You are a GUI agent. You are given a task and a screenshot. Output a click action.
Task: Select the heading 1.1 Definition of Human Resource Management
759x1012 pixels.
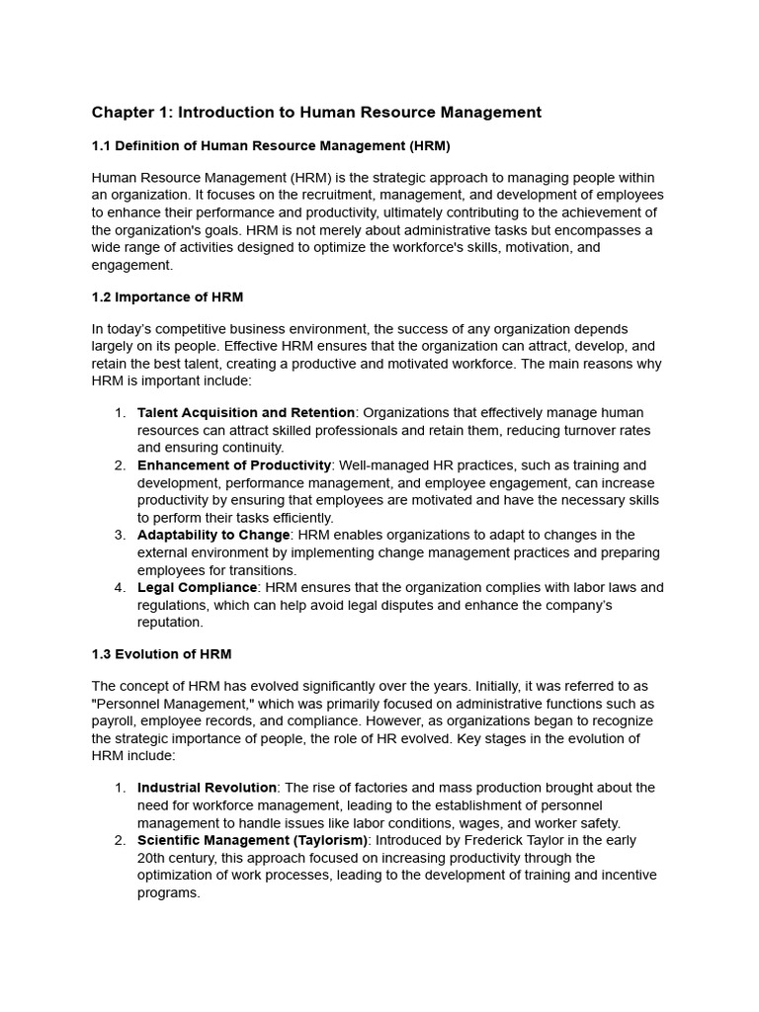(x=271, y=146)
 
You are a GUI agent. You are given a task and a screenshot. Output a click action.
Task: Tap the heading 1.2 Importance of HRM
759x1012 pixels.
(x=167, y=296)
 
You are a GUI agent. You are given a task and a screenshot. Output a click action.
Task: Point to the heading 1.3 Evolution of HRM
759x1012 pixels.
(x=161, y=654)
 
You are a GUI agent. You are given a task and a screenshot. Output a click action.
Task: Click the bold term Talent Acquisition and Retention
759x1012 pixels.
(x=246, y=412)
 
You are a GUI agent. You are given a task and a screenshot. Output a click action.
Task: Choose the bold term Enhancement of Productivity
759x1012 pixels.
(x=234, y=464)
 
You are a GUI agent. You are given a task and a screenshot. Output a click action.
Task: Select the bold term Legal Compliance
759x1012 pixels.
(x=198, y=587)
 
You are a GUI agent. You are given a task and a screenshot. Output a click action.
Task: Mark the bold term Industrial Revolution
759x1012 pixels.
(x=207, y=788)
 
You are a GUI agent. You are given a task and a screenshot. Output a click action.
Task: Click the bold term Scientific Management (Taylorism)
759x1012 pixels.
(x=252, y=840)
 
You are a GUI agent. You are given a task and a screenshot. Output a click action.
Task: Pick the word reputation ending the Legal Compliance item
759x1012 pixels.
(x=169, y=623)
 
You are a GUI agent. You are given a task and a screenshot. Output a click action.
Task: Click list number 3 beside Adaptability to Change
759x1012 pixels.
(x=120, y=535)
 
